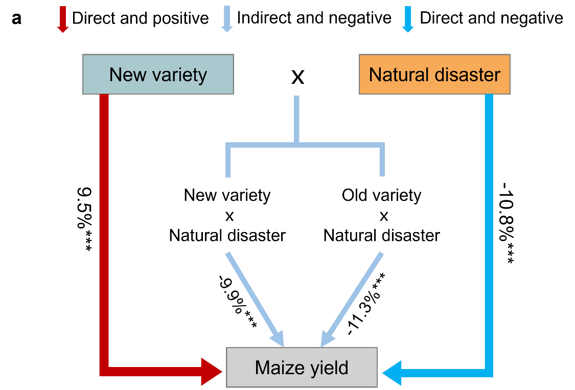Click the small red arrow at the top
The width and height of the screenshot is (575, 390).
63,19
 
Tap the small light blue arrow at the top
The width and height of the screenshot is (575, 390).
227,19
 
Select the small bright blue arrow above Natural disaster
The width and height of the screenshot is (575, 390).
407,19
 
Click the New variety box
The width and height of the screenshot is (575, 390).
158,75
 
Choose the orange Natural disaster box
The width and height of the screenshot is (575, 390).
434,75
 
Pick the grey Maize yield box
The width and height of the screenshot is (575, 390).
302,368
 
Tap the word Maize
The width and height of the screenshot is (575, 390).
278,368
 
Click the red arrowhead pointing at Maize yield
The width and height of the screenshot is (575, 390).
214,372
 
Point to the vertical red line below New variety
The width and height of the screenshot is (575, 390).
104,230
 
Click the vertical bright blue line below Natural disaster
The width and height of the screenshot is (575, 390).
489,230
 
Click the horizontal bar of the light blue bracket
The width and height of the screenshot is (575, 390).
305,145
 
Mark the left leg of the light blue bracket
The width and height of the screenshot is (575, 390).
228,163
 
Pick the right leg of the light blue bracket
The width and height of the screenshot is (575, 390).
382,163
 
